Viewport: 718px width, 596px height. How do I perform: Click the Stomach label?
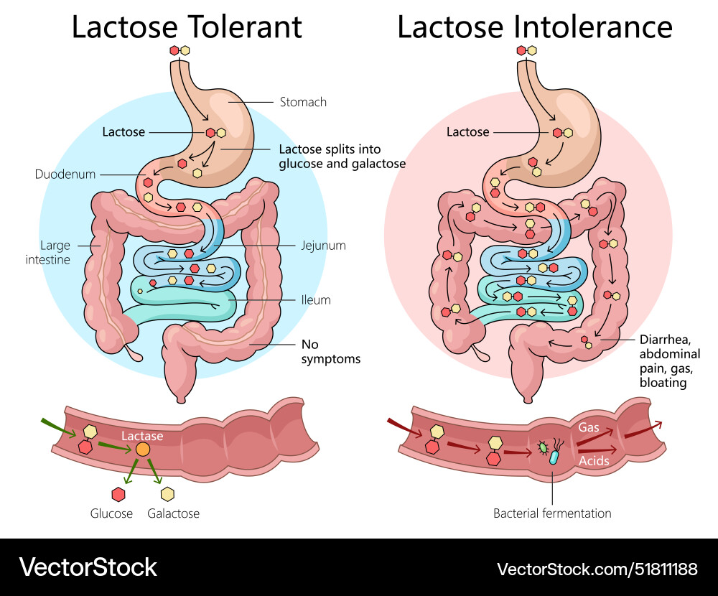303,102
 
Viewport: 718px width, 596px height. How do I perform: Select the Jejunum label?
323,246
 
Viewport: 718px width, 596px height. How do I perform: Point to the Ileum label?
316,300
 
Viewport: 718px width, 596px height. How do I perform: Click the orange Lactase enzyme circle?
143,450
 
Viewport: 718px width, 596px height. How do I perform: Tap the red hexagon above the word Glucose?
118,494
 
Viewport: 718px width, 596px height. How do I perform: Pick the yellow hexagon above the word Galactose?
167,494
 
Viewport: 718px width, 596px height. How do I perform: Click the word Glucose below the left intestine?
111,513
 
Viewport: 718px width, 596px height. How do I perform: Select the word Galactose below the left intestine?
173,513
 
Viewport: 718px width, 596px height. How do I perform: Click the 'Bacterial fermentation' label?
552,513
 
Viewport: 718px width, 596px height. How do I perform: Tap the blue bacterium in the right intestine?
554,457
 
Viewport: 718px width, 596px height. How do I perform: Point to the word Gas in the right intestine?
589,427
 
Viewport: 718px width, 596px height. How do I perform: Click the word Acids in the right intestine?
594,460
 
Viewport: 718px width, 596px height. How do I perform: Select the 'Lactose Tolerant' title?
186,27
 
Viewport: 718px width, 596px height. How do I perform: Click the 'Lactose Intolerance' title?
534,27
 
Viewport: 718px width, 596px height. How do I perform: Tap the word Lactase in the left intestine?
142,436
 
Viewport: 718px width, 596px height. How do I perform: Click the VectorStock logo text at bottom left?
88,567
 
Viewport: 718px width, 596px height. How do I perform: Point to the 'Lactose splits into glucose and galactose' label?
342,157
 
